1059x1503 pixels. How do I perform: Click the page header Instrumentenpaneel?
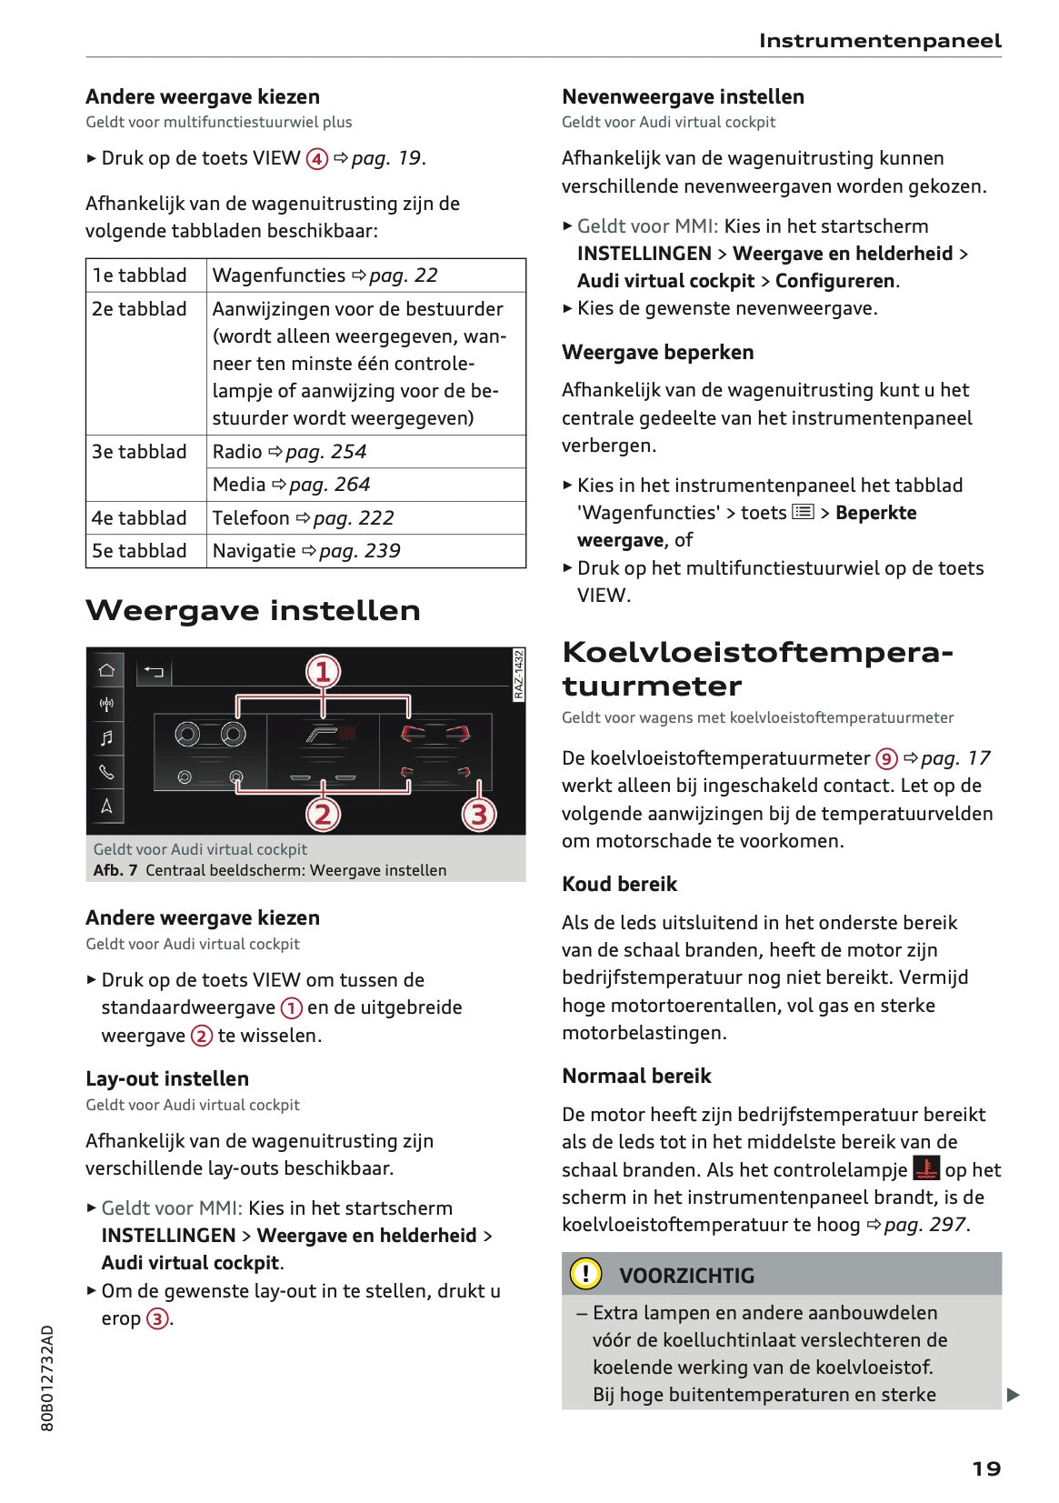tap(879, 41)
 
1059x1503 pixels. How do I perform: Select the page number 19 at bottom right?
tap(986, 1468)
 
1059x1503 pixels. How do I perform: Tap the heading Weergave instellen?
tap(253, 610)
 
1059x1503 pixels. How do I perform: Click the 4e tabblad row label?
tap(139, 518)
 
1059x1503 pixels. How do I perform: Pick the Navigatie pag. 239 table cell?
tap(306, 551)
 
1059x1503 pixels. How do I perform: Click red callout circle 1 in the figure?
tap(323, 672)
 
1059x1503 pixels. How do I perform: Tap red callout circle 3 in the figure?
tap(479, 814)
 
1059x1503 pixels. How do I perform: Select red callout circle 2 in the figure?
tap(323, 814)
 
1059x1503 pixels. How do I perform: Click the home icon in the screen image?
tap(106, 671)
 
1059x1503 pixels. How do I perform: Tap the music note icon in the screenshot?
tap(106, 738)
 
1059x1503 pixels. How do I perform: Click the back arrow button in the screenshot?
tap(154, 672)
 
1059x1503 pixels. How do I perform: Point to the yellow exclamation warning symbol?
tap(585, 1274)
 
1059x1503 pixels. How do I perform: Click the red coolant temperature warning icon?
tap(926, 1168)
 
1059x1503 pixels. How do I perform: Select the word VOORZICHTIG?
tap(686, 1276)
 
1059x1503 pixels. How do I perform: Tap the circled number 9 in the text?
tap(886, 758)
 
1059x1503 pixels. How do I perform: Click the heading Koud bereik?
tap(619, 885)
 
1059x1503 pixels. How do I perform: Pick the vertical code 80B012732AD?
tap(48, 1378)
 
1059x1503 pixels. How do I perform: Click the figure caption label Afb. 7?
tap(115, 870)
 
